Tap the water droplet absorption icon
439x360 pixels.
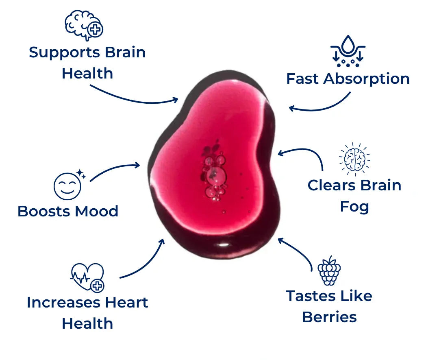pyautogui.click(x=348, y=51)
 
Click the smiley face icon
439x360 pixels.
pyautogui.click(x=67, y=186)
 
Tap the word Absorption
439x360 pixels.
pyautogui.click(x=366, y=79)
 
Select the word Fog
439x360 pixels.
pyautogui.click(x=354, y=207)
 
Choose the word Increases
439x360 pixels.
pyautogui.click(x=63, y=303)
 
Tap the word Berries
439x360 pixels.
pyautogui.click(x=329, y=317)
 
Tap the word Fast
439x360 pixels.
pyautogui.click(x=302, y=79)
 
